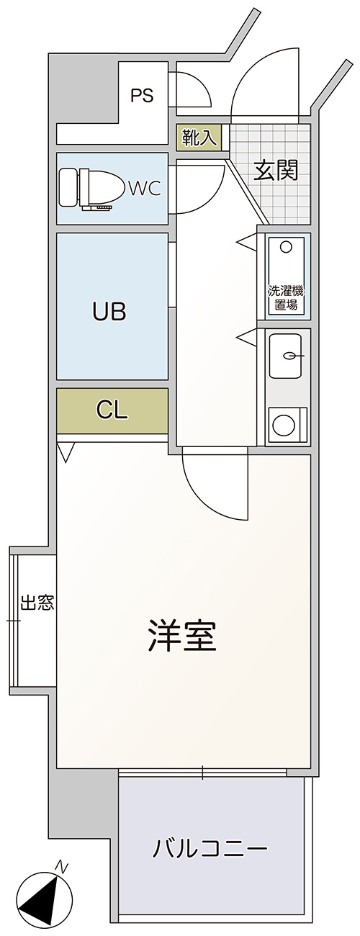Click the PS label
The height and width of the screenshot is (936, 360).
[142, 96]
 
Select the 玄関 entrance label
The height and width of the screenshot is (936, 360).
[276, 170]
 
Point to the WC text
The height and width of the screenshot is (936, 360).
[145, 189]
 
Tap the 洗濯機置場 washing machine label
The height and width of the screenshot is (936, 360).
[286, 298]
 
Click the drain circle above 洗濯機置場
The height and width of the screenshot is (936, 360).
[286, 248]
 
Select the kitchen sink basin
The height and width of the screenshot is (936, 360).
[286, 356]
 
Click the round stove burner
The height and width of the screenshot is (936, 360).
[284, 425]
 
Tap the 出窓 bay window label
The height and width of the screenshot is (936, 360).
[37, 603]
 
